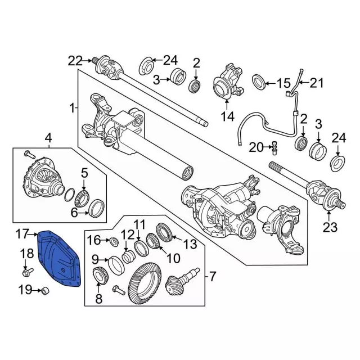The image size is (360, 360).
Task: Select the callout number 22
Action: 75,60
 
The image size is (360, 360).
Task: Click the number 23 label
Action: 329,227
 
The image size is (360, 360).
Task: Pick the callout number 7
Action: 213,276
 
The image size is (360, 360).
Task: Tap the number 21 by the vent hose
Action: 318,84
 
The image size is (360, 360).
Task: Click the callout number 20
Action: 256,147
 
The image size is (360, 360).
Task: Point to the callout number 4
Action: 48,137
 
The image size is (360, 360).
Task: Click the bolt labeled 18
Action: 26,273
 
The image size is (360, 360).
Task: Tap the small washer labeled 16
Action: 112,242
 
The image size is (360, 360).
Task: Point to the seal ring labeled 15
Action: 260,82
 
